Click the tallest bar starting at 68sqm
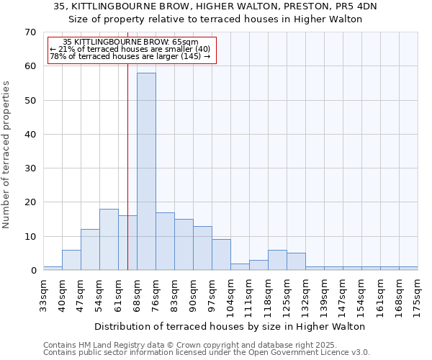146,171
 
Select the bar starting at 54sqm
109,240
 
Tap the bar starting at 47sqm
90,250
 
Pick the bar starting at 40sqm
71,260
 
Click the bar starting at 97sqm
221,255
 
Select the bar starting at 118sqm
277,260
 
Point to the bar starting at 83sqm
184,245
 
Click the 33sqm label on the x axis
43,294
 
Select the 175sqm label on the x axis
418,294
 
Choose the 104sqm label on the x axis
230,294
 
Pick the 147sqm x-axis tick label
343,294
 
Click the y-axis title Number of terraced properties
6,155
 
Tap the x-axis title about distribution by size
230,326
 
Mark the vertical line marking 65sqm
127,180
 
